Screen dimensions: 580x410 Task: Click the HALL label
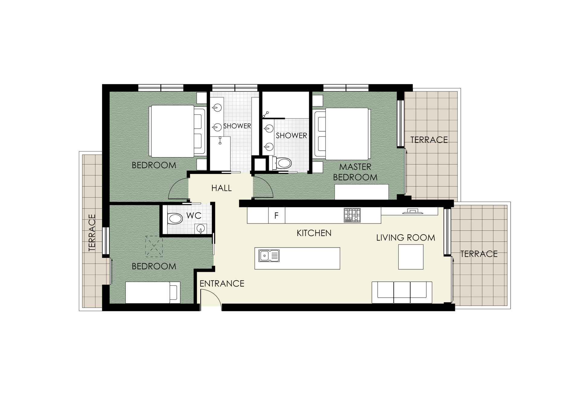221,188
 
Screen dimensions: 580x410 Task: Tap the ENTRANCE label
222,283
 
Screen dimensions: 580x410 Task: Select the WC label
194,216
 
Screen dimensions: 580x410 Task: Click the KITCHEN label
314,233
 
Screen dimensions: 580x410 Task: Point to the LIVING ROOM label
406,238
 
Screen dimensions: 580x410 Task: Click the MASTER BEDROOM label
355,172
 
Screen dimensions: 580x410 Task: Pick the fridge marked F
277,215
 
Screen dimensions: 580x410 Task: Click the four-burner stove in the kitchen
352,215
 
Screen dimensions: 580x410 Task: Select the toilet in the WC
175,218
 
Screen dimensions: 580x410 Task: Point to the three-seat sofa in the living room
402,292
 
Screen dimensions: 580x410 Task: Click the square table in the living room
411,257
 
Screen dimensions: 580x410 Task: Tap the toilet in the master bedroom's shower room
282,163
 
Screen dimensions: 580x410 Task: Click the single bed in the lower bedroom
153,292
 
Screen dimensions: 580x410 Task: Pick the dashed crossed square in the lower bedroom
154,246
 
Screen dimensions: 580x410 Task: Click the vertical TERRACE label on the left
92,233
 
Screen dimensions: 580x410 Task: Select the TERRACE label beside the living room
479,254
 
